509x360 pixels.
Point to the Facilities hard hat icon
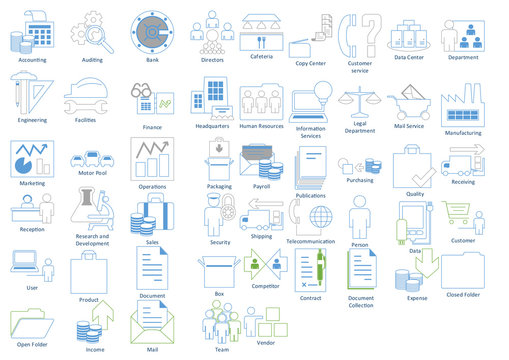tap(86, 99)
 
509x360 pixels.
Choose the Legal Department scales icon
tap(359, 104)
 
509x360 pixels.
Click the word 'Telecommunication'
tap(311, 241)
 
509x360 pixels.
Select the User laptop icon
tap(27, 264)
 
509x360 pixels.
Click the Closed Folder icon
tap(463, 270)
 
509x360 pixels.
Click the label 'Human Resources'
tap(262, 126)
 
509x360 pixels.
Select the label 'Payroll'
tap(262, 186)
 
